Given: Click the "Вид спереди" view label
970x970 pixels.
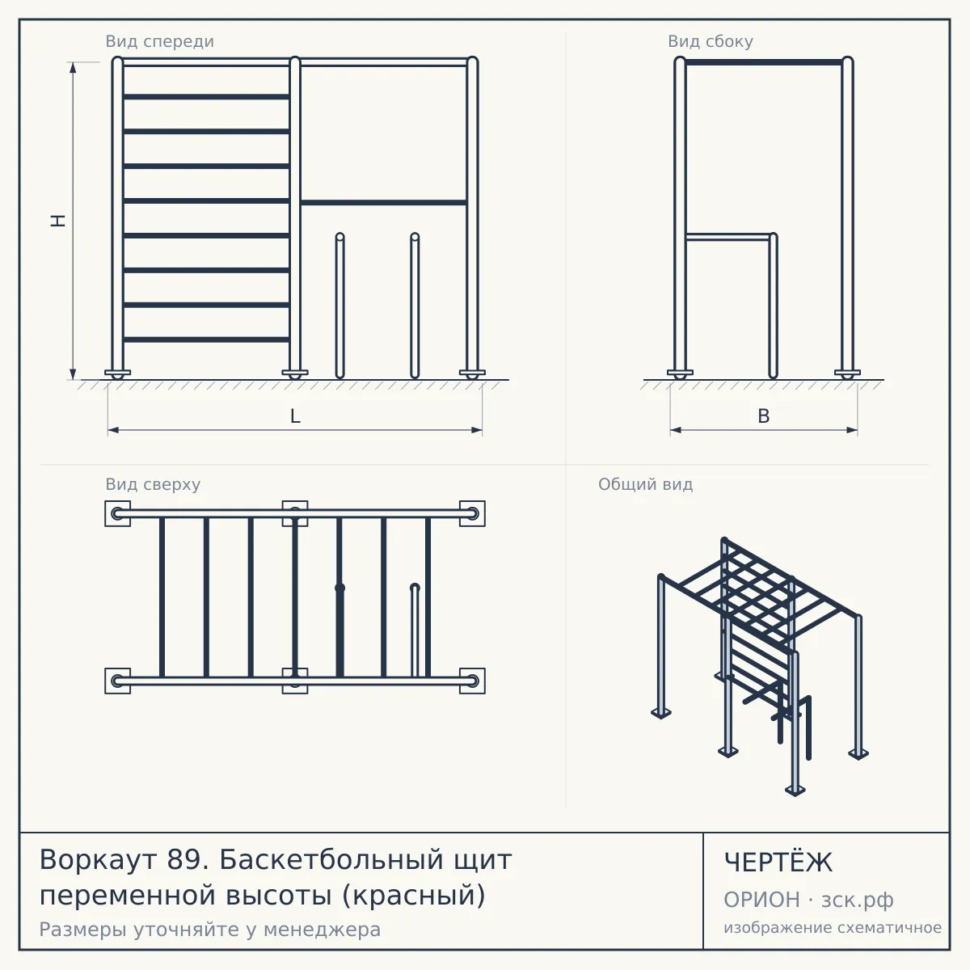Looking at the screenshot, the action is [x=159, y=41].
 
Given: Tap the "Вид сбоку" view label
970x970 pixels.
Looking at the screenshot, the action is [x=711, y=41].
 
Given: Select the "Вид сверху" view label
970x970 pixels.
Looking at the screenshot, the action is [x=153, y=484].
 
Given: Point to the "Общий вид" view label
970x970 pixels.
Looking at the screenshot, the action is [x=645, y=484].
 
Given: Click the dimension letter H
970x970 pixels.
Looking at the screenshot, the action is [x=59, y=221].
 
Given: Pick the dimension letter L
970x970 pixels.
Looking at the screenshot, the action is [x=295, y=416].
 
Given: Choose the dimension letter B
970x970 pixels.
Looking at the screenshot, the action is [x=764, y=416].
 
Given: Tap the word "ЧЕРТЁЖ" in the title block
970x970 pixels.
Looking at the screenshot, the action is [x=778, y=862].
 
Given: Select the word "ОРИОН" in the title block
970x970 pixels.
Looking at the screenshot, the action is [x=761, y=900].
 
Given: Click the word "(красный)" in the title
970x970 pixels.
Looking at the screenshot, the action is [x=414, y=896].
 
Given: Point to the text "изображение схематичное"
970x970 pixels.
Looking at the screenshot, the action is [x=833, y=928].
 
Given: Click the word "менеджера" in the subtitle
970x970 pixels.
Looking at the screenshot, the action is [x=323, y=930].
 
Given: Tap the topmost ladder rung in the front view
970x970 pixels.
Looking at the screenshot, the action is [x=206, y=97].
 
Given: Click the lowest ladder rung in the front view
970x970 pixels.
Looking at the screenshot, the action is [x=206, y=339].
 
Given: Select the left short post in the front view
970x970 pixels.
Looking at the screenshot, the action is [x=339, y=306].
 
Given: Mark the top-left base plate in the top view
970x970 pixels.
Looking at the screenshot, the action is [x=118, y=513].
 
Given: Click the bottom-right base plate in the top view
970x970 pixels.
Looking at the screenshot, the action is [x=472, y=681].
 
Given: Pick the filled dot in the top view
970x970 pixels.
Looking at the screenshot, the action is [x=339, y=588].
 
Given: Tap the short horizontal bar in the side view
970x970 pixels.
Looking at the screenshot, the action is [x=728, y=237].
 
